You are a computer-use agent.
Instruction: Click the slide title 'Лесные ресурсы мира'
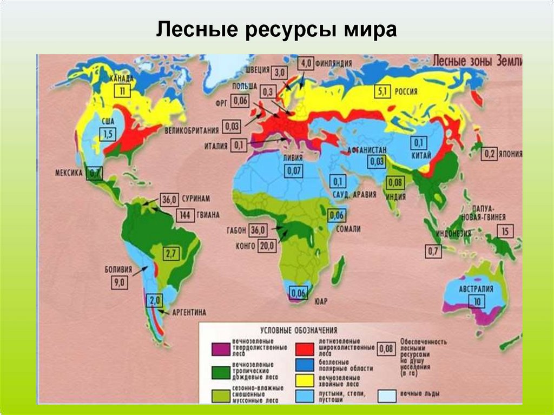point(276,30)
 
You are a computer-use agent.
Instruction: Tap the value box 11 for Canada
point(122,91)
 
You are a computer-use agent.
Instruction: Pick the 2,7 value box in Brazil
point(172,253)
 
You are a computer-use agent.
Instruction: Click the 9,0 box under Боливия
point(120,282)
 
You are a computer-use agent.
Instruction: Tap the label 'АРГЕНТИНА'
point(189,313)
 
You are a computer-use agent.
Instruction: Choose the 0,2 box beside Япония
point(490,153)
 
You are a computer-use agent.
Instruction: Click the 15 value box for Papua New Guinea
point(505,232)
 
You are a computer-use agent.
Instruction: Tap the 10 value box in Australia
point(476,301)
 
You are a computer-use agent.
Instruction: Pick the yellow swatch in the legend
point(307,378)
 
